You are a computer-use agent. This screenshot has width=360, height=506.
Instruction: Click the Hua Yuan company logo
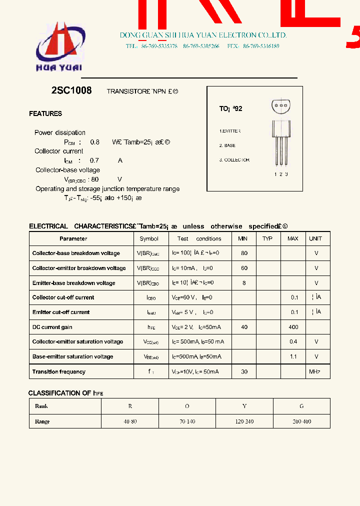[x=59, y=48]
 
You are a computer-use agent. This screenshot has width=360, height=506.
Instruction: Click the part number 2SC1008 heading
[x=71, y=91]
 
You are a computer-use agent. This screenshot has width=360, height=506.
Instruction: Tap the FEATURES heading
[x=45, y=114]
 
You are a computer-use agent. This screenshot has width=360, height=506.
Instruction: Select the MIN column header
[x=243, y=238]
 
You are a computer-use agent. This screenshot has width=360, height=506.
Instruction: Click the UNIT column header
[x=315, y=238]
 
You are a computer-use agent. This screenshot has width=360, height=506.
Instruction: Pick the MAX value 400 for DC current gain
[x=293, y=327]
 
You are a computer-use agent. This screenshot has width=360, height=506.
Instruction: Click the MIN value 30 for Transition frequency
[x=244, y=371]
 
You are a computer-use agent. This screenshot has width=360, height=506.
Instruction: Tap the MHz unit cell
[x=314, y=371]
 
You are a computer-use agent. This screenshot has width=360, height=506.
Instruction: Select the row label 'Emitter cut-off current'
[x=61, y=312]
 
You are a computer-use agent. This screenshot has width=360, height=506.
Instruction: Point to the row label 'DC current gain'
[x=52, y=327]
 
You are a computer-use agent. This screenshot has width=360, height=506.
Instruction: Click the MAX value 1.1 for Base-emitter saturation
[x=293, y=356]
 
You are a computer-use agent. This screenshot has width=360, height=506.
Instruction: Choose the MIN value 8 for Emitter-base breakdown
[x=244, y=283]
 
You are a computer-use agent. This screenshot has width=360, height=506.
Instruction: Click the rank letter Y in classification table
[x=244, y=406]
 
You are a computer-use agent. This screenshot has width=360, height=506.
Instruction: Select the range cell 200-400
[x=301, y=421]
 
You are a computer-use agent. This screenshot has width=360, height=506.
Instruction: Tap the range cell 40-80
[x=130, y=421]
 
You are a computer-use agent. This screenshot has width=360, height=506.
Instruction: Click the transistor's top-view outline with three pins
[x=281, y=105]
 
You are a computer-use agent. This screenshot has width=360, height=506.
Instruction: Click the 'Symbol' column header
[x=149, y=238]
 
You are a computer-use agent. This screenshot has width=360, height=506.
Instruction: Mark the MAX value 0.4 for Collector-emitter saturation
[x=293, y=341]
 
